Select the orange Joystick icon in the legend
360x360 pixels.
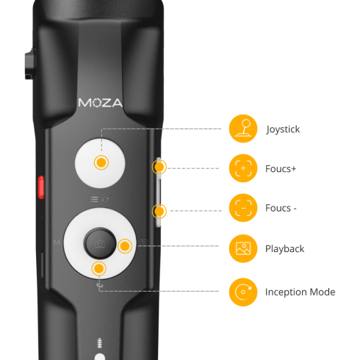[243, 129]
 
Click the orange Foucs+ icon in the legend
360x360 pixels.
[243, 168]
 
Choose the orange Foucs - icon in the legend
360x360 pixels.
[243, 208]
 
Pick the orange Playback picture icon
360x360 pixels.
[243, 249]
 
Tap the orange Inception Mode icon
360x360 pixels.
[243, 292]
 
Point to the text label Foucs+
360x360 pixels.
[281, 169]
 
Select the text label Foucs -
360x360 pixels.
[281, 209]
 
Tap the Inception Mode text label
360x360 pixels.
[300, 292]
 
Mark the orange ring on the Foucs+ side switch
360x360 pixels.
[159, 168]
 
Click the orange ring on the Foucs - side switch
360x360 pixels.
[158, 212]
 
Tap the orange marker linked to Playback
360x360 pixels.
[125, 246]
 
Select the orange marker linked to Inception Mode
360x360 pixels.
[98, 269]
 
